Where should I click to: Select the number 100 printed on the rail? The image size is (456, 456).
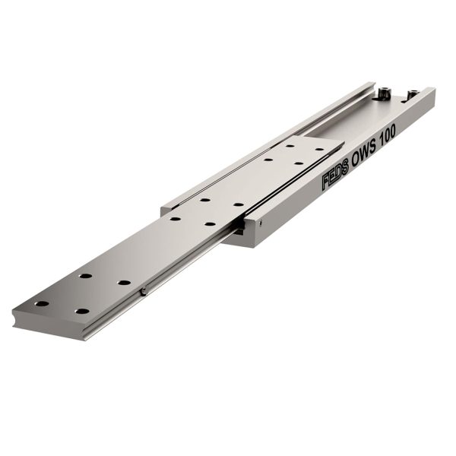click(x=389, y=135)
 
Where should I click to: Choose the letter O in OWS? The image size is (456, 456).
click(x=356, y=160)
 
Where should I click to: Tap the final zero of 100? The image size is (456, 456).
click(x=393, y=131)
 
